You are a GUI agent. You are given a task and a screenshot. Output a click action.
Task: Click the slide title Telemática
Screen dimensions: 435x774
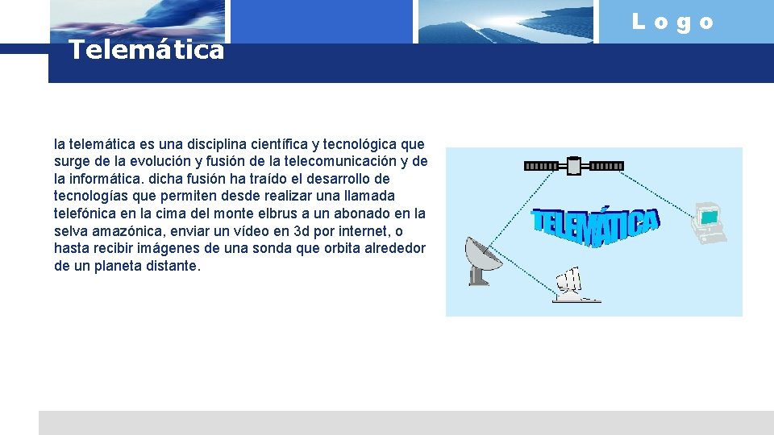click(146, 51)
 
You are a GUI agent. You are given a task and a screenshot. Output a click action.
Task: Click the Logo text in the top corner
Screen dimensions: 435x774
click(673, 23)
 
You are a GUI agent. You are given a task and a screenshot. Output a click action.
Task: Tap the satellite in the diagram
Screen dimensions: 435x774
click(573, 166)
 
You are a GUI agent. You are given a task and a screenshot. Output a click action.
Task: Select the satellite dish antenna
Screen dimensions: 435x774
click(482, 260)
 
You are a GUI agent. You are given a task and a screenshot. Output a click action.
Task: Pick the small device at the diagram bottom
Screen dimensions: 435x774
click(574, 286)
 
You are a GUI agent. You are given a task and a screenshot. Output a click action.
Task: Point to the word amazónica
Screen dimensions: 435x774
click(120, 231)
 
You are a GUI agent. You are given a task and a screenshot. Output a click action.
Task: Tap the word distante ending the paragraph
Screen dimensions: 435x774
click(169, 266)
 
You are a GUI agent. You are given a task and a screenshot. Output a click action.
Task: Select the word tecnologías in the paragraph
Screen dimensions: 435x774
click(89, 197)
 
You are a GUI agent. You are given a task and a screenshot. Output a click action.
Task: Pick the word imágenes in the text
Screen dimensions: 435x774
click(160, 248)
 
